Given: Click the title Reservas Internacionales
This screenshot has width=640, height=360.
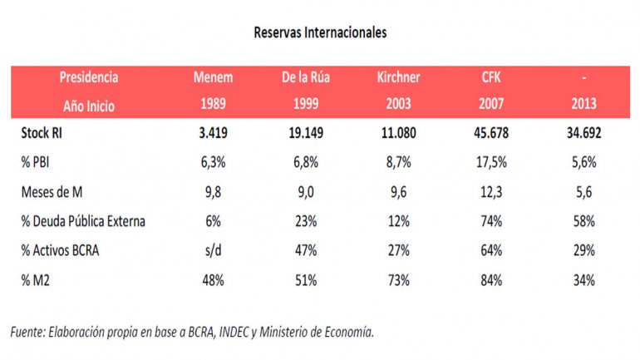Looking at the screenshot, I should click(319, 33).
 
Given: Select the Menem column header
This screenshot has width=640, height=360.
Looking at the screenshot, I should click(213, 77).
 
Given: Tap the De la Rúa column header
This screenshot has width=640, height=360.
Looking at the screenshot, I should click(307, 77).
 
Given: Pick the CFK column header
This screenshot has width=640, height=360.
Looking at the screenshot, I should click(490, 77).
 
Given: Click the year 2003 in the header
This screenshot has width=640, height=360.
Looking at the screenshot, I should click(398, 106).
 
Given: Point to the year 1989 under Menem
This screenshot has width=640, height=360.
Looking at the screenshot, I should click(213, 106).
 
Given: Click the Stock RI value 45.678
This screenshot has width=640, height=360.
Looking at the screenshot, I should click(490, 132).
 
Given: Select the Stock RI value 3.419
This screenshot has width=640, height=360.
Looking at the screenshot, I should click(213, 132).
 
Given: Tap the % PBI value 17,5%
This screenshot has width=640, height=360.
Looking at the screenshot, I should click(490, 162).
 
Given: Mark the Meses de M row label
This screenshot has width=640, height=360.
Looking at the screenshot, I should click(52, 191).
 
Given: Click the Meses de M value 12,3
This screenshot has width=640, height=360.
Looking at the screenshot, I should click(490, 191).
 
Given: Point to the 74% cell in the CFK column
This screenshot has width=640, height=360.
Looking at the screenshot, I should click(490, 221).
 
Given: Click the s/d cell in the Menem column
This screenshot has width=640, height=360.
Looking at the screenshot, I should click(213, 250).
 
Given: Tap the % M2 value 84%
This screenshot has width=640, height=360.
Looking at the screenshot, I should click(490, 280).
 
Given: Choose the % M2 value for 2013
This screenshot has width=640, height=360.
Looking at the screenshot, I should click(583, 280).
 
